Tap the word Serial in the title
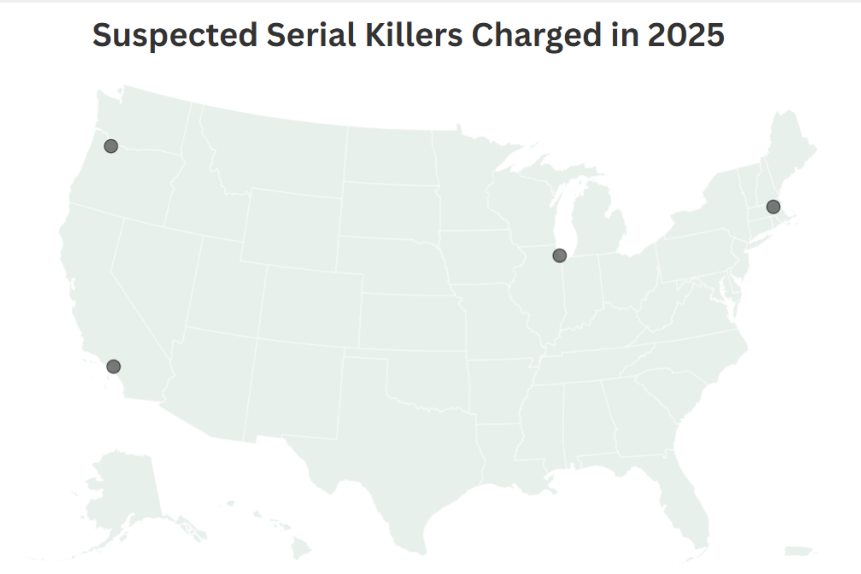click(311, 36)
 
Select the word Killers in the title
click(414, 36)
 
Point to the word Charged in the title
click(537, 36)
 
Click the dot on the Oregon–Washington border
click(111, 146)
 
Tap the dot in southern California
click(113, 366)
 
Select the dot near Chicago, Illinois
click(559, 255)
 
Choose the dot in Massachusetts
click(773, 207)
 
